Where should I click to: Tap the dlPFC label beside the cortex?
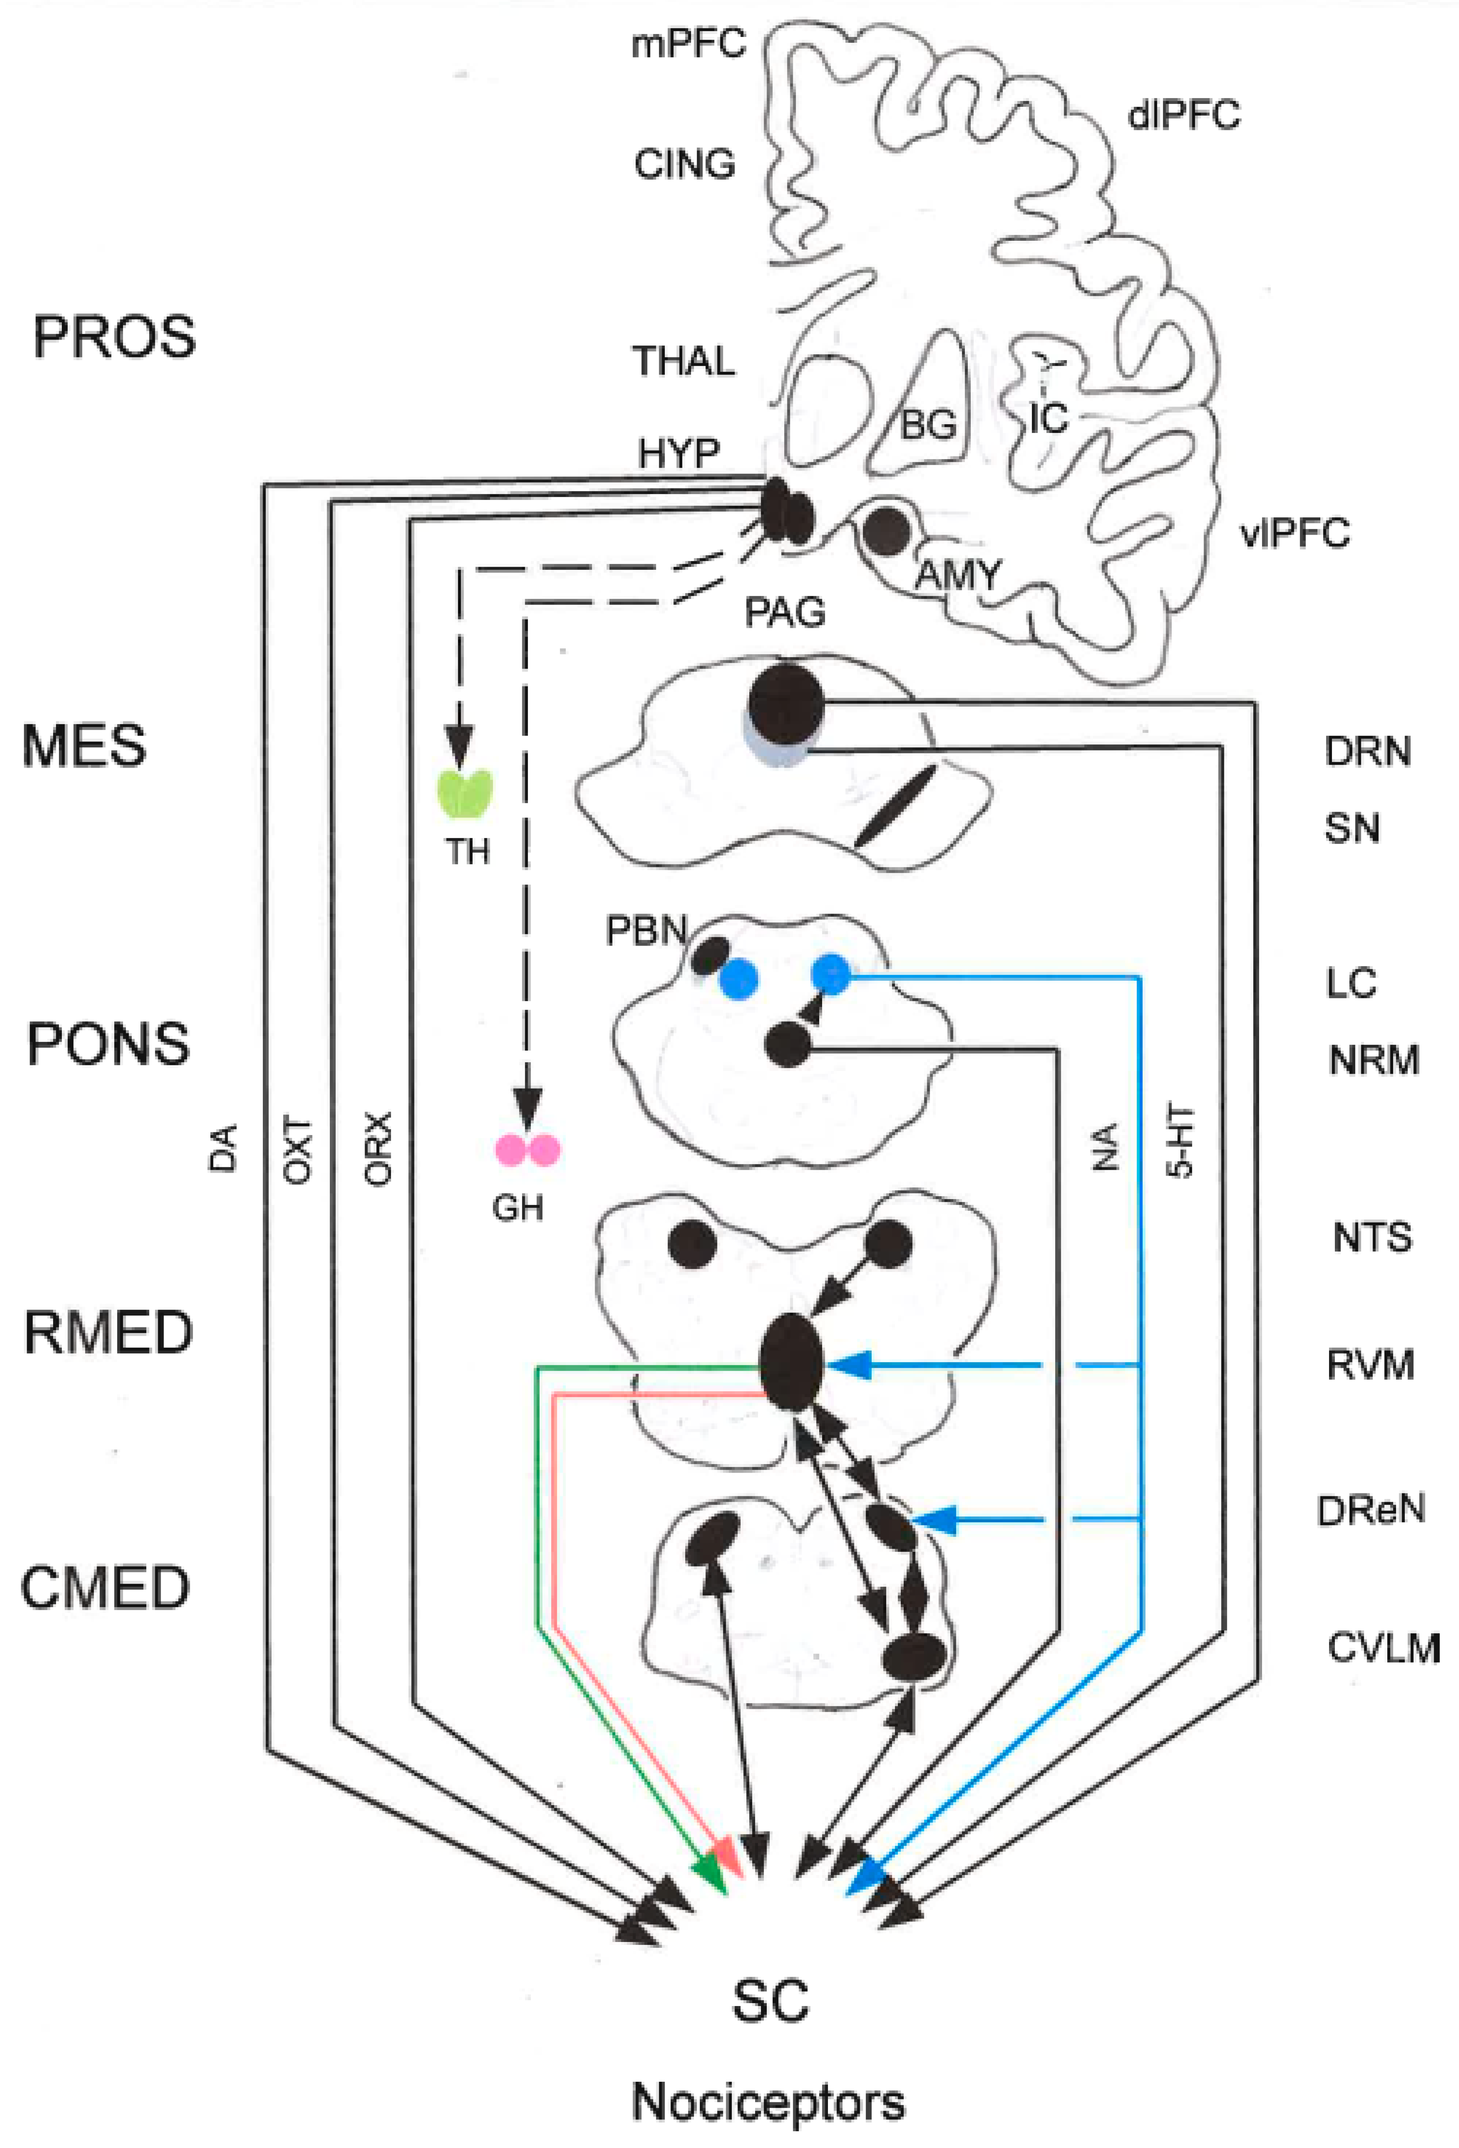pos(1183,116)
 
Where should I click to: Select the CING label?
pos(684,165)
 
